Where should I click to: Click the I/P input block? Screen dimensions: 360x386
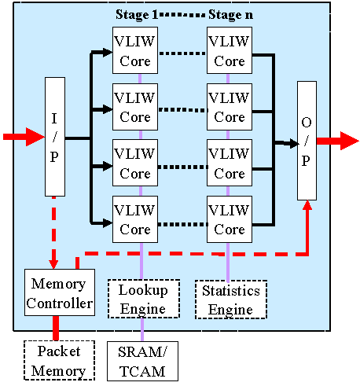click(x=55, y=137)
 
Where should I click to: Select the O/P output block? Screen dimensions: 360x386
click(x=307, y=141)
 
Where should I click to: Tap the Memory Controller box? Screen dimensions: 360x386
click(x=60, y=292)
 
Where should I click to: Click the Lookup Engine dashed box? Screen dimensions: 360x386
click(x=144, y=299)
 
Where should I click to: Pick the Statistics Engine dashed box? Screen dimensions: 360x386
click(x=231, y=300)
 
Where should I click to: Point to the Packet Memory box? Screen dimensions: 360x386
click(x=59, y=360)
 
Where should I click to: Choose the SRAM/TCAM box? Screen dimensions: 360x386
click(x=142, y=361)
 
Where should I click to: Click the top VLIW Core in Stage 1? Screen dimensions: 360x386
click(x=135, y=50)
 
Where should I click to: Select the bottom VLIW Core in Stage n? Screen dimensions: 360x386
click(x=230, y=219)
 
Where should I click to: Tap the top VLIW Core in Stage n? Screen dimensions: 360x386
click(x=230, y=50)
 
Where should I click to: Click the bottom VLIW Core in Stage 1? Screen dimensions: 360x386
click(x=135, y=219)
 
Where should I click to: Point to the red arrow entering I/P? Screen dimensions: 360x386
click(x=24, y=137)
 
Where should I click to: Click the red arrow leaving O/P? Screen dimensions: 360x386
click(x=338, y=141)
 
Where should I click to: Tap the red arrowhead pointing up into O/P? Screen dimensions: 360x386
click(x=307, y=205)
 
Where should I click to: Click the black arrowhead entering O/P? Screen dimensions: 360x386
click(x=294, y=143)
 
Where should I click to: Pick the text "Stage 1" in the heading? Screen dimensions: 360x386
click(x=137, y=14)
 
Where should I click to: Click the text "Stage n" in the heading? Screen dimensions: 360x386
click(x=231, y=14)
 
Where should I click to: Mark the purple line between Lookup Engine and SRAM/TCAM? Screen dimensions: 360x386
click(x=142, y=329)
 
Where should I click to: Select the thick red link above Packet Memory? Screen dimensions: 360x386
click(x=56, y=328)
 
